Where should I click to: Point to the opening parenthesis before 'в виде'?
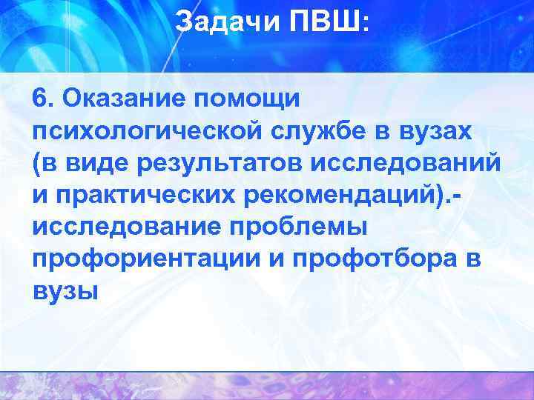point(37,163)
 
